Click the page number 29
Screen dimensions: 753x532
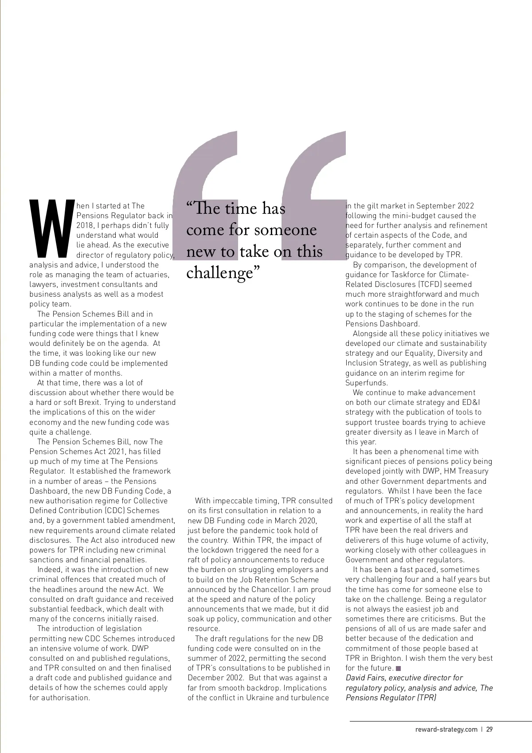coord(489,729)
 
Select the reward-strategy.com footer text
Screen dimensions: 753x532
coord(443,729)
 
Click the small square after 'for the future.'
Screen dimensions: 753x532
coord(398,668)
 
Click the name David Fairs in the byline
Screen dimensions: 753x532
coord(366,678)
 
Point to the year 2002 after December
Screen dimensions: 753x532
coord(235,678)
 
